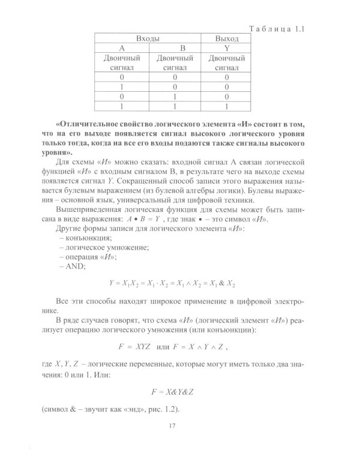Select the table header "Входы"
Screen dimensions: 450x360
(x=147, y=38)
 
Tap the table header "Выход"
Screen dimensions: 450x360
(x=227, y=38)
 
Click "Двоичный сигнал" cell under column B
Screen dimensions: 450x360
(x=174, y=63)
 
